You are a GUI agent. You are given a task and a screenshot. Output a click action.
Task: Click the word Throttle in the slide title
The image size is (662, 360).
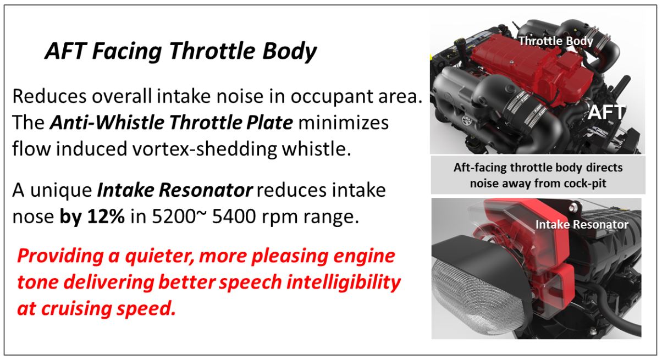[212, 51]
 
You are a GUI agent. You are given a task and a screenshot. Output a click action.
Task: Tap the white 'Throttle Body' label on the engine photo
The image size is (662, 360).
[555, 41]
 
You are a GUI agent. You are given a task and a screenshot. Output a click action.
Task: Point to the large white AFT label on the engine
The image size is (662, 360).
[606, 113]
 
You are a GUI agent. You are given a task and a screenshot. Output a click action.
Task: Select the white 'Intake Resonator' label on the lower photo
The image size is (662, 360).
[582, 224]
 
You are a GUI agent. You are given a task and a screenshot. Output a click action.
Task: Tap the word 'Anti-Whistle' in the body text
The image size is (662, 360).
[107, 122]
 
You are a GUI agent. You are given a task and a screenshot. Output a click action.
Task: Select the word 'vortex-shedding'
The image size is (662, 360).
[205, 148]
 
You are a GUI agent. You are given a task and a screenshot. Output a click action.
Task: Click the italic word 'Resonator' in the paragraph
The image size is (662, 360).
[206, 190]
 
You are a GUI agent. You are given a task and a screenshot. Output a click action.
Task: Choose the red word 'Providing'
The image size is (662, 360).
[60, 256]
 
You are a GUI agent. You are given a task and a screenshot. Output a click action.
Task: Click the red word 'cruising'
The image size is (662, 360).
[76, 308]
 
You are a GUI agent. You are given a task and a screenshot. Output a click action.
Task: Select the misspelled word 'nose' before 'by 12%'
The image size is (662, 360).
[33, 217]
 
